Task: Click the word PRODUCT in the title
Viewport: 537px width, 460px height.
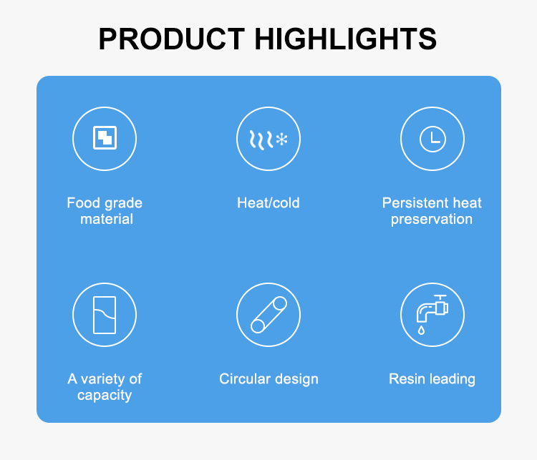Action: pyautogui.click(x=172, y=39)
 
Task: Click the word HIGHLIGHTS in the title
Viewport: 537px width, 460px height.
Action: pyautogui.click(x=346, y=39)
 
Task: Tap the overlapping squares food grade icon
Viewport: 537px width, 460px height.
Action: pyautogui.click(x=105, y=137)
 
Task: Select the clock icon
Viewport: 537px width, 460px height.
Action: pyautogui.click(x=432, y=139)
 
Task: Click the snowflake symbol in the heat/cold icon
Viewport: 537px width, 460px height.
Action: pyautogui.click(x=282, y=140)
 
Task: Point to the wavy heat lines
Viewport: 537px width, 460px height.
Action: pyautogui.click(x=261, y=140)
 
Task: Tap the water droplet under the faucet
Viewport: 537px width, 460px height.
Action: pyautogui.click(x=421, y=330)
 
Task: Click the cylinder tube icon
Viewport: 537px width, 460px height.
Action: pyautogui.click(x=268, y=315)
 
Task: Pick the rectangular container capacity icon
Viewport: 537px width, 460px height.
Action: pyautogui.click(x=105, y=315)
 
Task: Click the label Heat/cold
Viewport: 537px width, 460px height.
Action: pyautogui.click(x=268, y=203)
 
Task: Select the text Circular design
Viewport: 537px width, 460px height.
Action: pyautogui.click(x=268, y=379)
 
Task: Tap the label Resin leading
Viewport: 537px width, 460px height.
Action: pyautogui.click(x=432, y=379)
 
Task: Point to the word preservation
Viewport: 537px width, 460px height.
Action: pyautogui.click(x=432, y=220)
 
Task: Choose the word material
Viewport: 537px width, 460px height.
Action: pyautogui.click(x=107, y=220)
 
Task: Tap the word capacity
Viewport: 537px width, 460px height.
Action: pyautogui.click(x=105, y=396)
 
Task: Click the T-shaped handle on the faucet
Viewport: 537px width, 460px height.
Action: pyautogui.click(x=440, y=298)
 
